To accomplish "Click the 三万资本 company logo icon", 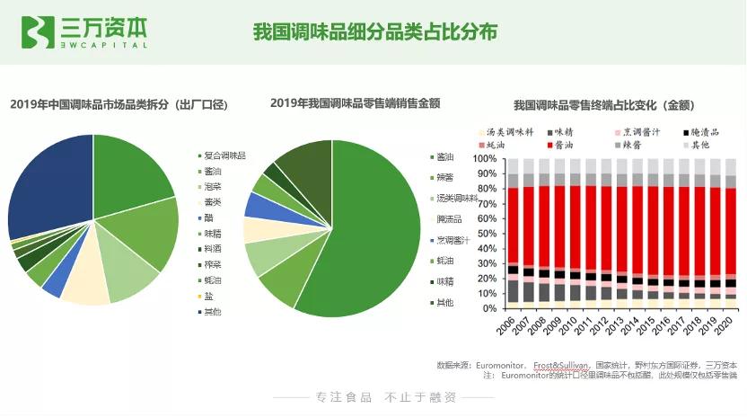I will tap(37, 33).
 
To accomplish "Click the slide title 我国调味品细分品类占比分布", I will tap(374, 32).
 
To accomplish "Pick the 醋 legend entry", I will tap(209, 217).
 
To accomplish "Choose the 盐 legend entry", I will tap(209, 296).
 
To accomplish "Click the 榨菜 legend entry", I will tap(213, 264).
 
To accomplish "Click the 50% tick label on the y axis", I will tap(488, 234).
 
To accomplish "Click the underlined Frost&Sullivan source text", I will tap(561, 366).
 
